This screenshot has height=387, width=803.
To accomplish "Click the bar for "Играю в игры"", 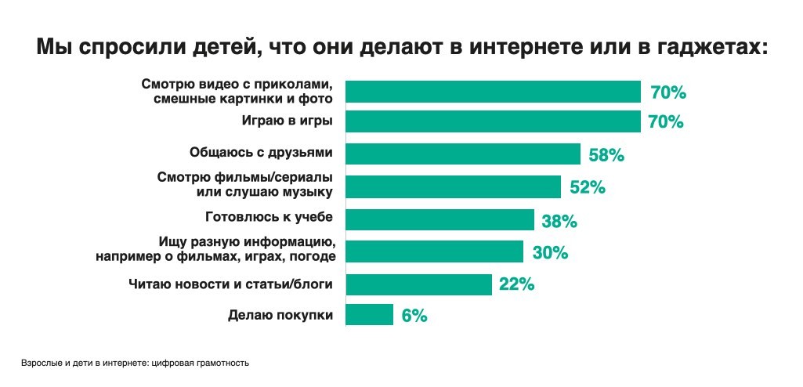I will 493,121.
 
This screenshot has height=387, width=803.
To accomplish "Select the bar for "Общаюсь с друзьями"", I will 463,154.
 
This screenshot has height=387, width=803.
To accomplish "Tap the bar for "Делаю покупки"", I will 369,315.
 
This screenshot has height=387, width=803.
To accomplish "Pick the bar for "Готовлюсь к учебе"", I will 439,219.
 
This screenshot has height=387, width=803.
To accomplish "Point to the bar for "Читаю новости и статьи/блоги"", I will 418,284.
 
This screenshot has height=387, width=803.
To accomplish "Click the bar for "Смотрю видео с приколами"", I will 493,92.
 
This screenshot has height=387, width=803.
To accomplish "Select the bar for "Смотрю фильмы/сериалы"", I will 453,186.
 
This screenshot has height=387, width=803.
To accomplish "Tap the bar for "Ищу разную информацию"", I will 434,251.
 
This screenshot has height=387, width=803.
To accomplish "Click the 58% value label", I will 606,155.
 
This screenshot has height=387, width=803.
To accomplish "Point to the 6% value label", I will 414,316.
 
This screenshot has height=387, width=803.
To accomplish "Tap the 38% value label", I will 559,221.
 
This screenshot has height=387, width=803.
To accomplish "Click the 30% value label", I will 549,253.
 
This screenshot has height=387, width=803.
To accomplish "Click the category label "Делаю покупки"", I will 281,316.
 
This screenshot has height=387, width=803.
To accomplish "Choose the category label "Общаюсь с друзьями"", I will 262,154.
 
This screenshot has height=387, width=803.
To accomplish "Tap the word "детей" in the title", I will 220,48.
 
